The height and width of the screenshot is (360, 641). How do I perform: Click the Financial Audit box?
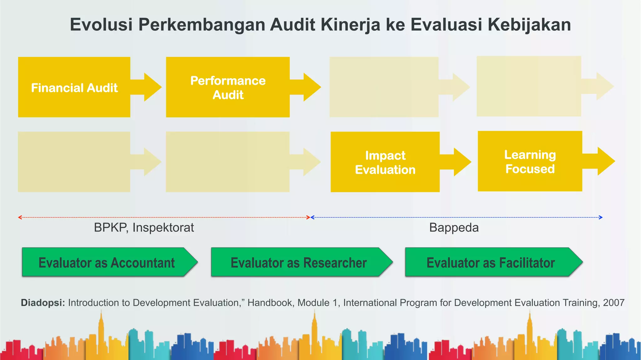coord(74,87)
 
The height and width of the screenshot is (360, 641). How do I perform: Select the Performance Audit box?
coord(228,87)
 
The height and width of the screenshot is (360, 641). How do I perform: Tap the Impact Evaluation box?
coord(385,162)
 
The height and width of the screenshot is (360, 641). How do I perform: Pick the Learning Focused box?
coord(530,162)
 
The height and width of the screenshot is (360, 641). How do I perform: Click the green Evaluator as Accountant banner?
coord(106,262)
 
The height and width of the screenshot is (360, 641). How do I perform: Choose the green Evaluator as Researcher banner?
coord(299,262)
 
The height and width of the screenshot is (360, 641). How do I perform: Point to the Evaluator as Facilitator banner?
coord(490,262)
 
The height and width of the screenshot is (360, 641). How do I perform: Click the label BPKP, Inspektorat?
coord(144,228)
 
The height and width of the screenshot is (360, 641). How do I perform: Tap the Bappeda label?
coord(454,228)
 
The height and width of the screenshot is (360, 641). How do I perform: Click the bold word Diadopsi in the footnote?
coord(43,303)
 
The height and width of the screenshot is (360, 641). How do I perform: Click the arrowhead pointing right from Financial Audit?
coord(152,87)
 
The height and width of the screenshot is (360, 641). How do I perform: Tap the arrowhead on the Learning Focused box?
coord(606,161)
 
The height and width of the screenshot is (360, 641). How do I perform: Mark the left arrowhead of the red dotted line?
coord(20,217)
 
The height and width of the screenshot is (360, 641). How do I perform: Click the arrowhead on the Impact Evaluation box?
coord(462,162)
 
